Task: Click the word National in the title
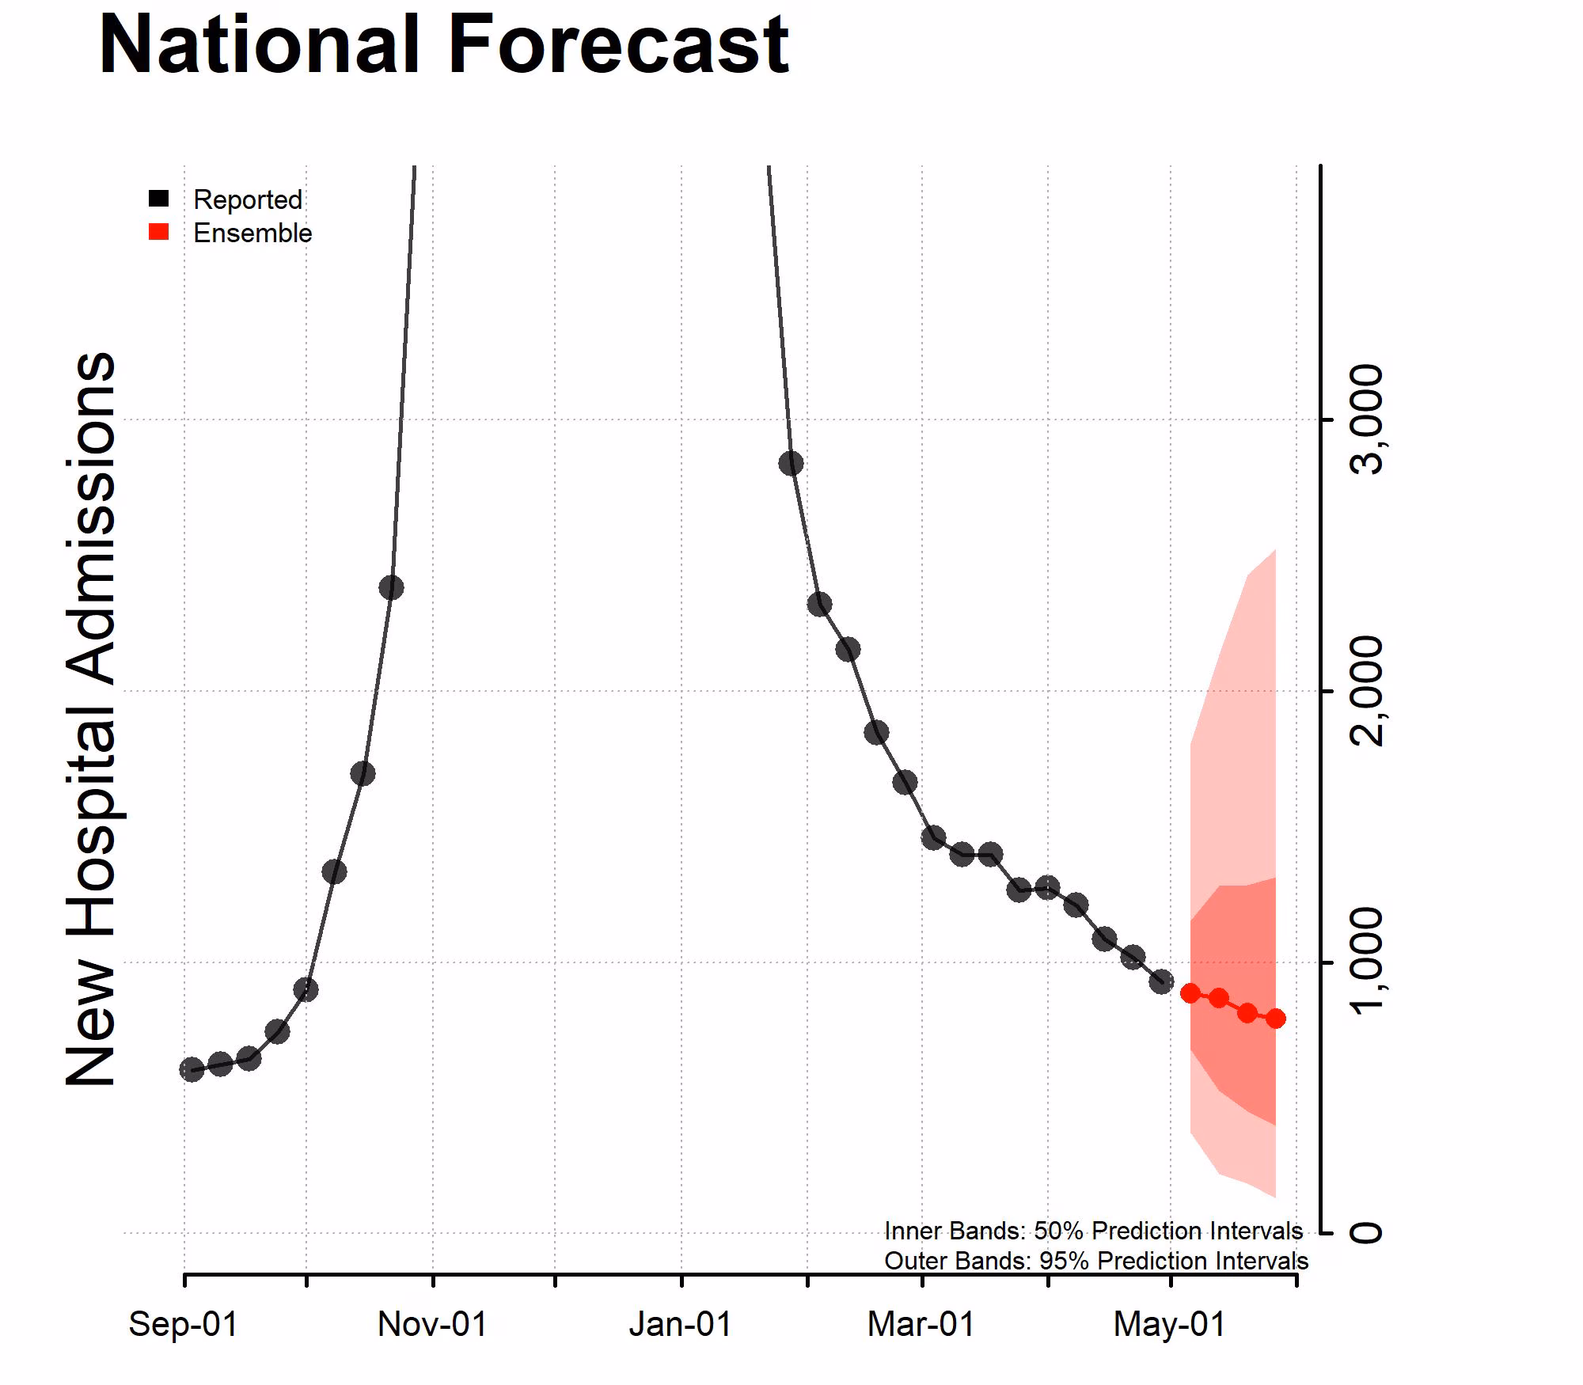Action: click(x=258, y=45)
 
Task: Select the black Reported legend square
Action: click(x=159, y=199)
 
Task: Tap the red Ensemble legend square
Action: click(x=159, y=232)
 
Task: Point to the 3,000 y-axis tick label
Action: click(x=1366, y=419)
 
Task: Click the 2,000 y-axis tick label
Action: click(x=1366, y=691)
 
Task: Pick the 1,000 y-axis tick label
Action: click(x=1366, y=962)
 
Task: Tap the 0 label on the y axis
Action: click(x=1366, y=1232)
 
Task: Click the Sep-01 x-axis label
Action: click(x=184, y=1324)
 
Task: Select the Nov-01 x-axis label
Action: click(x=432, y=1324)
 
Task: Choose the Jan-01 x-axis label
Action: click(x=681, y=1324)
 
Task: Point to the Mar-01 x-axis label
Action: click(x=921, y=1324)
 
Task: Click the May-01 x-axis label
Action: click(x=1169, y=1324)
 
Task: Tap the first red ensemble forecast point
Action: click(x=1190, y=993)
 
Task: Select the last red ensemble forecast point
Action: click(x=1275, y=1019)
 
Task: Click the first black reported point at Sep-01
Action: click(x=192, y=1070)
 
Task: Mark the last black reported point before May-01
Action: click(x=1161, y=982)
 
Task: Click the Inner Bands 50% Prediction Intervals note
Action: click(x=1093, y=1231)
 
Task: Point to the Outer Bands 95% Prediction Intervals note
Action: click(x=1095, y=1261)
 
